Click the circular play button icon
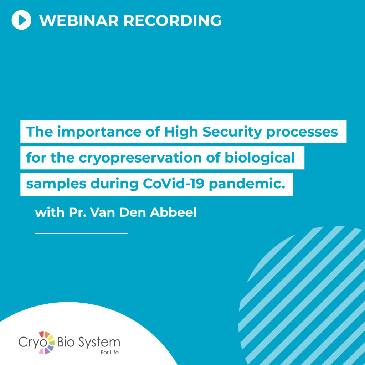click(x=21, y=20)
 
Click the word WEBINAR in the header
click(x=79, y=20)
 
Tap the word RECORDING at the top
click(x=172, y=20)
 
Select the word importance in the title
click(x=99, y=132)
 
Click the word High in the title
click(x=181, y=132)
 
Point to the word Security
click(x=232, y=132)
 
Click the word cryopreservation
click(x=140, y=158)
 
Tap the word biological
click(x=259, y=158)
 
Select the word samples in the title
click(x=56, y=184)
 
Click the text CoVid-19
click(x=174, y=184)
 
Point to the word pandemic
click(x=247, y=184)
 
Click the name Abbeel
click(x=173, y=212)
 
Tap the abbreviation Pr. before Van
click(x=77, y=212)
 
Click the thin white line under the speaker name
click(x=81, y=233)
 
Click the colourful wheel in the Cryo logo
click(x=47, y=343)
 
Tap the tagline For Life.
click(x=110, y=353)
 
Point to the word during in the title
click(x=114, y=184)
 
